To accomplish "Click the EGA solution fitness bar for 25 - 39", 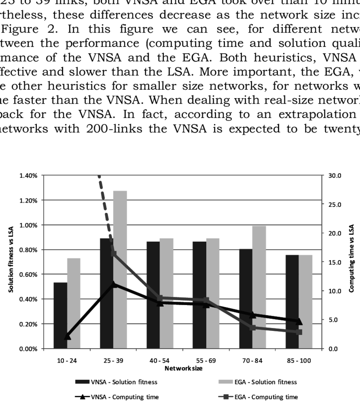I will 120,271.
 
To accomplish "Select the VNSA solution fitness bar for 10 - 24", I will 60,315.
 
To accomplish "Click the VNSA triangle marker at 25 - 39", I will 113,284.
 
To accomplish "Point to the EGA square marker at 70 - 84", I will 252,327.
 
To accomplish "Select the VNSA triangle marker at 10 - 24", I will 67,337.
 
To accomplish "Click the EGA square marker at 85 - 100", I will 299,332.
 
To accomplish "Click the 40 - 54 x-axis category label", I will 160,360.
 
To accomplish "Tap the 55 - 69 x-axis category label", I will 206,360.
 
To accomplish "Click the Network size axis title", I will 183,368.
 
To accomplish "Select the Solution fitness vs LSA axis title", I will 11,262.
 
